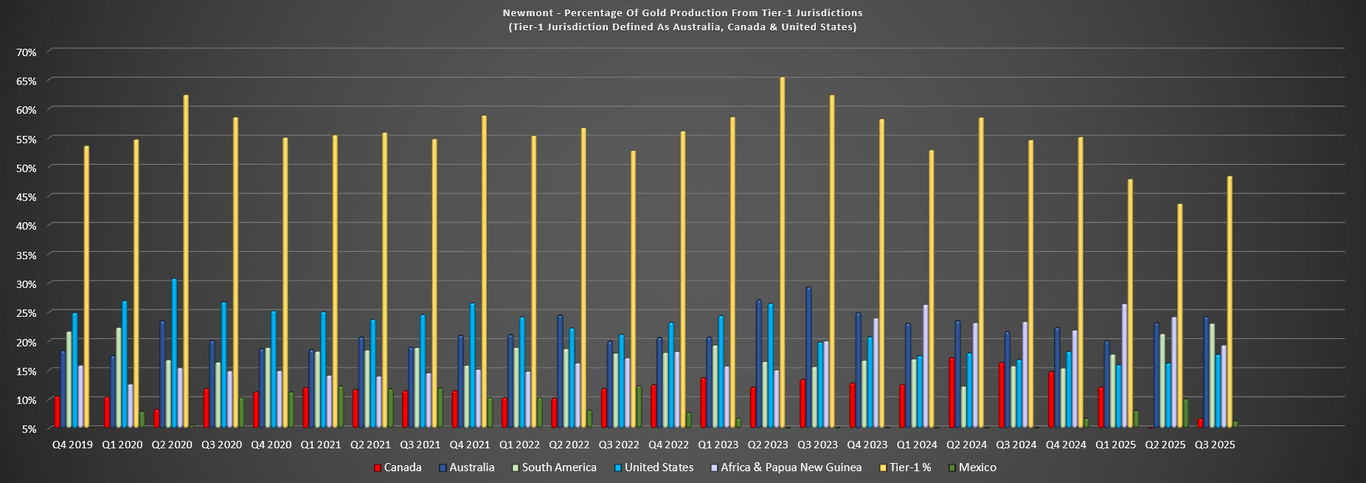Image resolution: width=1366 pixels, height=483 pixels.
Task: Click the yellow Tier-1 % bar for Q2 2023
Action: click(x=783, y=251)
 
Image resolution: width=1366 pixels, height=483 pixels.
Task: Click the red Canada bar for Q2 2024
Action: click(x=951, y=392)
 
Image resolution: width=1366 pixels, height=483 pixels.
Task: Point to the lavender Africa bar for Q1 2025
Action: click(x=1124, y=366)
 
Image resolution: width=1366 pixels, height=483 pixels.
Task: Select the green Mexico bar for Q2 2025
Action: click(x=1185, y=413)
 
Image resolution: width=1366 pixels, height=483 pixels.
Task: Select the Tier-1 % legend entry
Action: click(x=910, y=467)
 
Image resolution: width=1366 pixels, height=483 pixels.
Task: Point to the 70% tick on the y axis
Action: click(x=27, y=52)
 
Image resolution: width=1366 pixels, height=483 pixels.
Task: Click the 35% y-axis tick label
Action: click(x=27, y=255)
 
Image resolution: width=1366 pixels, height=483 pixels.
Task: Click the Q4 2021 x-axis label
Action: click(x=470, y=445)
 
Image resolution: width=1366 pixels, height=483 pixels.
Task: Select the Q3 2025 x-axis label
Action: click(x=1215, y=445)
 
